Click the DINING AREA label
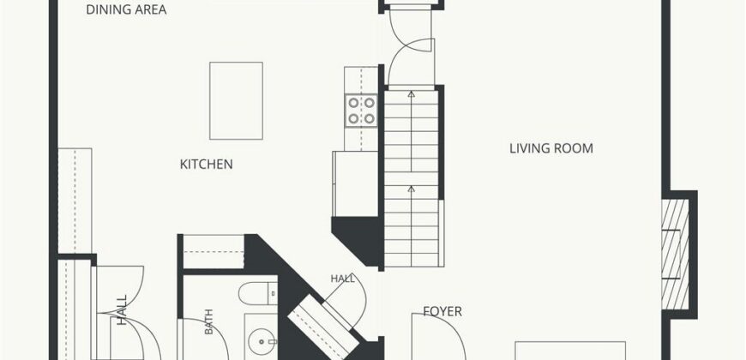[126, 9]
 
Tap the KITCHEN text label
[206, 165]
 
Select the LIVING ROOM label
[551, 148]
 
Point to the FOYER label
[442, 311]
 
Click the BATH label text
[209, 321]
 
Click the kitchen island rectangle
[236, 101]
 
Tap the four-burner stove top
[361, 111]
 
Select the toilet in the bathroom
[258, 293]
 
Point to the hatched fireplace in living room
[675, 254]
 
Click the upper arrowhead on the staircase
[411, 94]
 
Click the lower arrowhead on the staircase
[411, 189]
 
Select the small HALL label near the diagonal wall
[342, 279]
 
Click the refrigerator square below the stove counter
[355, 183]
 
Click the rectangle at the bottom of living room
[570, 351]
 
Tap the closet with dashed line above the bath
[214, 252]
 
